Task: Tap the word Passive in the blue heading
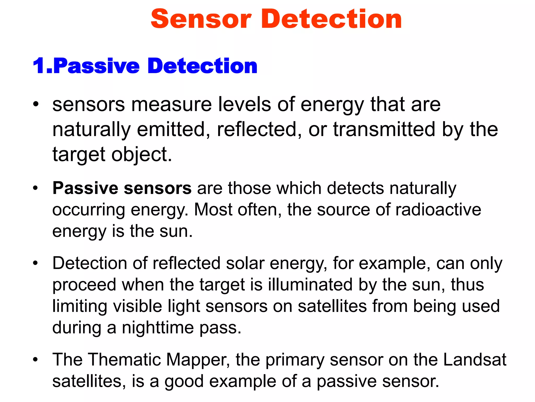tap(96, 66)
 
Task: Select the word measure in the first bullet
tap(171, 104)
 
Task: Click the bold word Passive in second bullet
tap(85, 188)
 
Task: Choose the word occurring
tap(88, 210)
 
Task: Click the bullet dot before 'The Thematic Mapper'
tap(36, 360)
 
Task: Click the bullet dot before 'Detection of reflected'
tap(36, 263)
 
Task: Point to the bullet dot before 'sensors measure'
tap(36, 104)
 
